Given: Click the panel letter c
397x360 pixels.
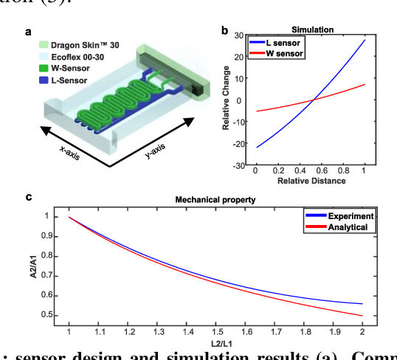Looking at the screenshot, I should coord(28,197).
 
